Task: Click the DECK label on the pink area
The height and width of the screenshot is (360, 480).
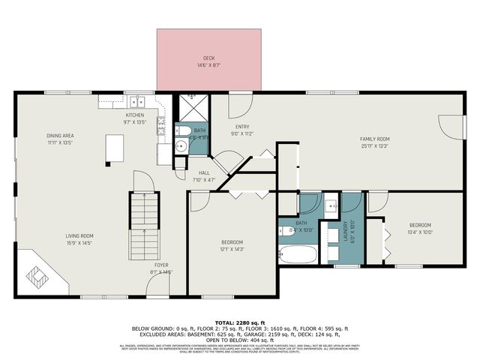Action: coord(209,58)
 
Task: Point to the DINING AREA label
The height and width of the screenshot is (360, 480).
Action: coord(60,136)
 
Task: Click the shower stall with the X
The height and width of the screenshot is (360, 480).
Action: coord(192,108)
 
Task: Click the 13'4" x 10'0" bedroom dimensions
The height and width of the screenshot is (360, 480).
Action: coord(419,232)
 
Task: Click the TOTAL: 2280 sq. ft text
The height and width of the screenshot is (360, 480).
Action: coord(239,322)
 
